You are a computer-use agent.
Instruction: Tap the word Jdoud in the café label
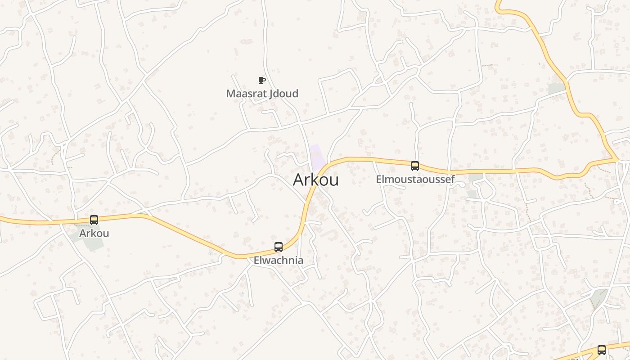pyautogui.click(x=284, y=94)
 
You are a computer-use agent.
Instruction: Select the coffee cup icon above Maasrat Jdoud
pyautogui.click(x=261, y=81)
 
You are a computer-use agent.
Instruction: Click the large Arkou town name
pyautogui.click(x=316, y=180)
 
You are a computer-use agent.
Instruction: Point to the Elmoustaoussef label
pyautogui.click(x=415, y=180)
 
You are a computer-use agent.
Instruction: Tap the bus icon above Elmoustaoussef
pyautogui.click(x=415, y=166)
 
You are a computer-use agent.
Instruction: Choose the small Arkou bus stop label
pyautogui.click(x=94, y=234)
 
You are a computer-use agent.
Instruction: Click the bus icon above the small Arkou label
pyautogui.click(x=94, y=220)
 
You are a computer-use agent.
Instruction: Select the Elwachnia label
pyautogui.click(x=279, y=261)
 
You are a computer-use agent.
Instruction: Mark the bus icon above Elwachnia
pyautogui.click(x=279, y=247)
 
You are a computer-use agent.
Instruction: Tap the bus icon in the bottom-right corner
pyautogui.click(x=602, y=350)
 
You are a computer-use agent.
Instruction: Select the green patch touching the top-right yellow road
pyautogui.click(x=557, y=89)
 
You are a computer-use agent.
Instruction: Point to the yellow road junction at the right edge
pyautogui.click(x=616, y=159)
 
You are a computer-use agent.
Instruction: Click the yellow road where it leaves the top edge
pyautogui.click(x=497, y=2)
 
